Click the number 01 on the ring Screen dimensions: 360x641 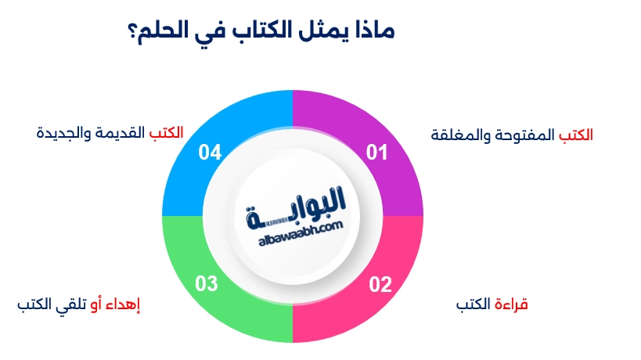point(377,153)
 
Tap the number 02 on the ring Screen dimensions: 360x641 point(380,284)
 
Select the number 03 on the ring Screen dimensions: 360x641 point(206,284)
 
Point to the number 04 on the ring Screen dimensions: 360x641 point(209,153)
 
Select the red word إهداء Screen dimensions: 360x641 point(124,304)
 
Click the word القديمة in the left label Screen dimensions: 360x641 point(126,131)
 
